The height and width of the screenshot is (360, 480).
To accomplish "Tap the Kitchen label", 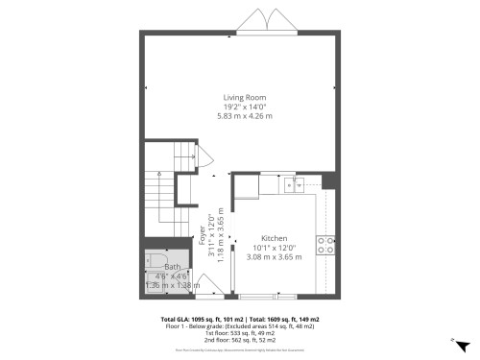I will [275, 237].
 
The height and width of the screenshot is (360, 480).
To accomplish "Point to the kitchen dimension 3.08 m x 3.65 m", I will [275, 256].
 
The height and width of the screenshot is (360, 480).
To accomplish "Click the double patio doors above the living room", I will [264, 22].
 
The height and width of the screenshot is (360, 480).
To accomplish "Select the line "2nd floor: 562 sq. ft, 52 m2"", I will [240, 339].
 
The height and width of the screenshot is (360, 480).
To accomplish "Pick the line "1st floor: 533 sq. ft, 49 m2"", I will [240, 332].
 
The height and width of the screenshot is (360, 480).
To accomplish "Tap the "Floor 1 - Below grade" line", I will [240, 325].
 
